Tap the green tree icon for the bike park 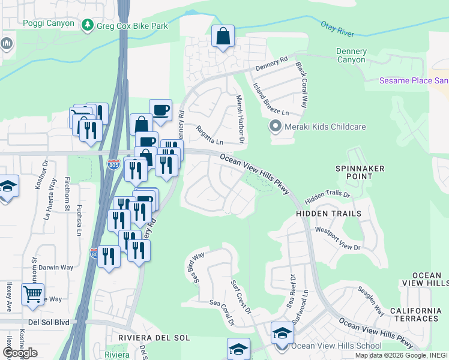tap(88, 25)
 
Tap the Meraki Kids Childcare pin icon tap(276, 127)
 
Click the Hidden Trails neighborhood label tap(328, 214)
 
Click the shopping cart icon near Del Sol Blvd tap(32, 294)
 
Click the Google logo tap(20, 353)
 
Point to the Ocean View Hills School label tap(336, 346)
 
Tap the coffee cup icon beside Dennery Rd tap(160, 110)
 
